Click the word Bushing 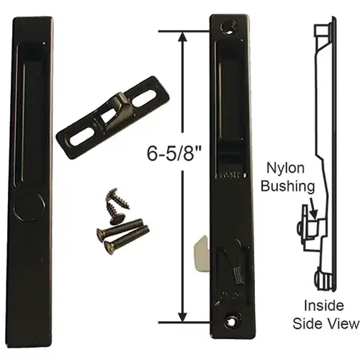tap(292, 186)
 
